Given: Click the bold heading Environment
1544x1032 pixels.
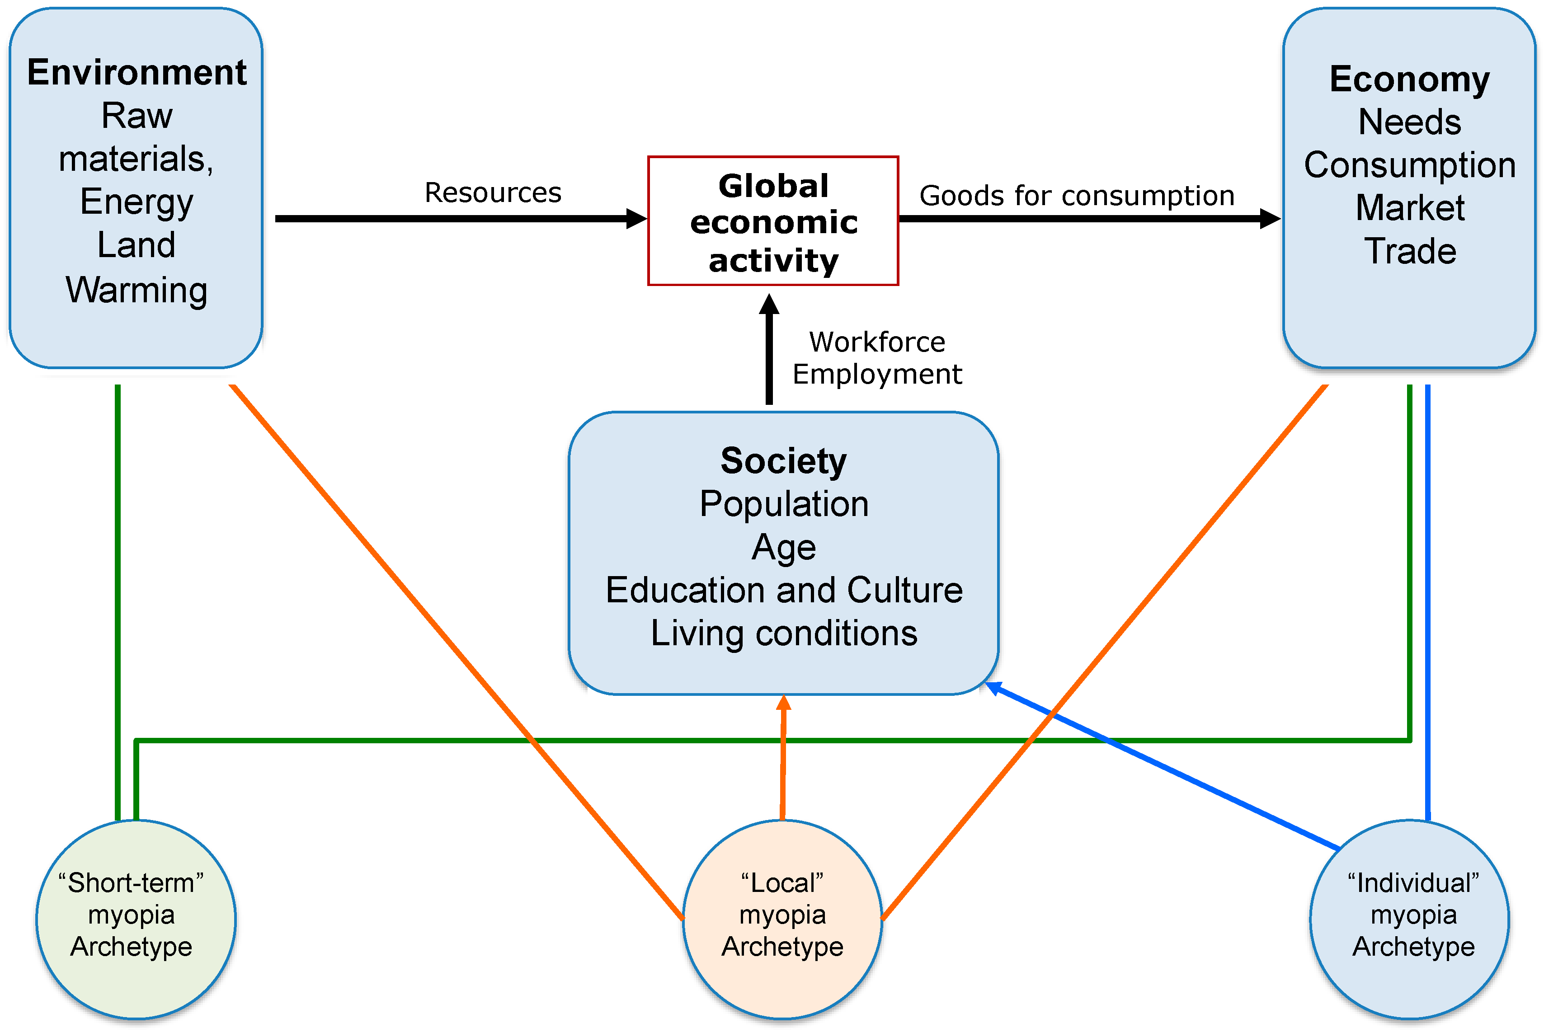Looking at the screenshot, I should pos(137,72).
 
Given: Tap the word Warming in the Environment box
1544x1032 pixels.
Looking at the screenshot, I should pos(137,290).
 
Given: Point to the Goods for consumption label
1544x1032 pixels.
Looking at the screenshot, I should pos(1077,196).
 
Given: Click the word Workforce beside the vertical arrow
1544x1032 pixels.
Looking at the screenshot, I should pos(877,342).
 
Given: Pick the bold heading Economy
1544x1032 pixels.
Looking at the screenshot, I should pos(1409,79).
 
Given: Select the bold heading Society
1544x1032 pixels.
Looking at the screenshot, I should pos(783,461).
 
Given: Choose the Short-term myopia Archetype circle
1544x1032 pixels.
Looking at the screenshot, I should pos(136,919).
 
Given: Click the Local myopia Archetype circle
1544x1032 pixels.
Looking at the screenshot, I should pos(782,919).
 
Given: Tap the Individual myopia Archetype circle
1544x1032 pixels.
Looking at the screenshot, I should pos(1409,919).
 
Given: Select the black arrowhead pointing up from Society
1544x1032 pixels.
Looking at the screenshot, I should pos(769,305).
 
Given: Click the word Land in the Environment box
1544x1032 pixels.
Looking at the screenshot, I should pos(137,245).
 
